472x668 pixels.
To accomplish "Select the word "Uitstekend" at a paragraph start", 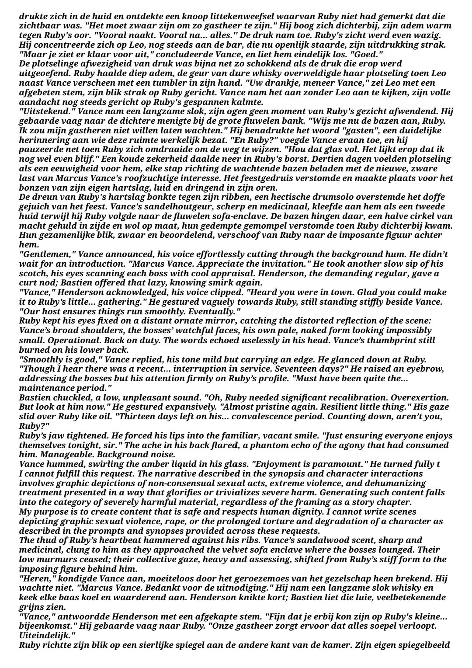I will point(40,111).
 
